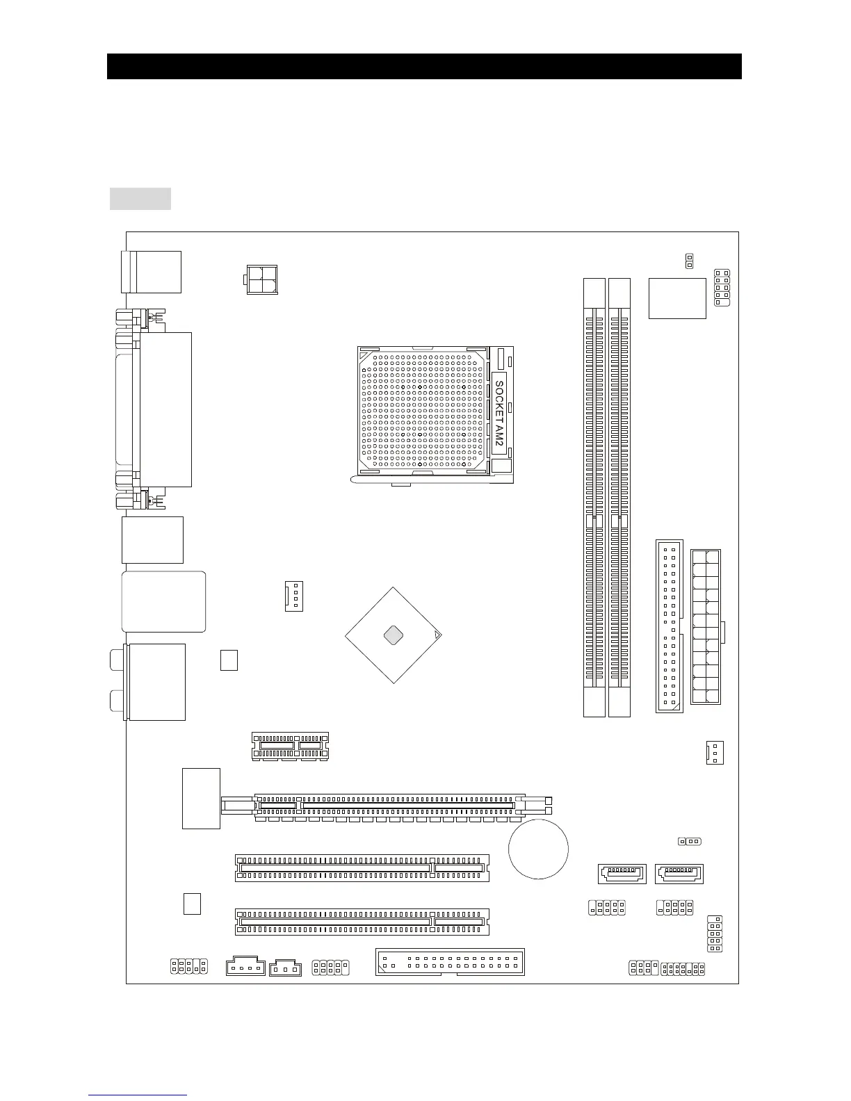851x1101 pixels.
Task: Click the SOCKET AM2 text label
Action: (499, 414)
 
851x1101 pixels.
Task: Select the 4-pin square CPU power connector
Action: (261, 279)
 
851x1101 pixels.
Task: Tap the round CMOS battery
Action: (538, 849)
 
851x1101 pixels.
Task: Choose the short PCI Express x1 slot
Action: (290, 746)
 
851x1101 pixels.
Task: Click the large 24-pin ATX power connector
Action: (706, 626)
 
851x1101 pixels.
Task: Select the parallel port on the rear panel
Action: (165, 409)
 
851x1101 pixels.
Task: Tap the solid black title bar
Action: (424, 66)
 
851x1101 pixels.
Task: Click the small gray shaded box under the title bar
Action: (140, 198)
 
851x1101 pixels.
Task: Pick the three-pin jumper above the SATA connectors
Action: (690, 842)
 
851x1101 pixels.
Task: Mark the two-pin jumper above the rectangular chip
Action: (689, 261)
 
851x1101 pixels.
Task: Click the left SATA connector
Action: (622, 873)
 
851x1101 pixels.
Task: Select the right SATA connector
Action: (679, 873)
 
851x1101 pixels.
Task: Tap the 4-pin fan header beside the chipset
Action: (294, 596)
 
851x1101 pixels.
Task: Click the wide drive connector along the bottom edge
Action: (450, 961)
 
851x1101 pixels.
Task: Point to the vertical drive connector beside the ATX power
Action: (669, 626)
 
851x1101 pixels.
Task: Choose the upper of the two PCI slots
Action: (362, 867)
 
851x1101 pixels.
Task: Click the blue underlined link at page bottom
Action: (138, 1095)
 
